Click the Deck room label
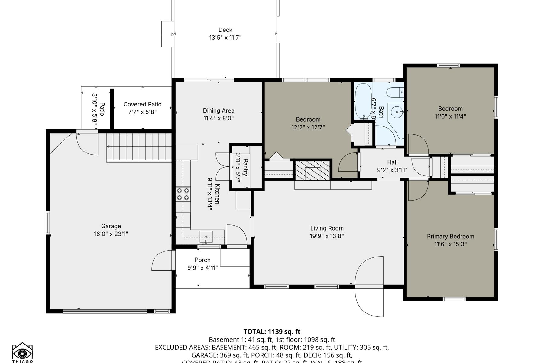pos(225,30)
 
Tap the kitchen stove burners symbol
pos(183,194)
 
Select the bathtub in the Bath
pos(363,101)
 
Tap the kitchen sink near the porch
pos(206,237)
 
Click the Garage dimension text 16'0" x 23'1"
pos(111,234)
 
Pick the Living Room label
pos(327,228)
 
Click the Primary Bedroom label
pos(450,236)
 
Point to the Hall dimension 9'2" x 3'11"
pos(392,170)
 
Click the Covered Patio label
pos(142,104)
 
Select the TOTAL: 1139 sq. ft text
pos(272,332)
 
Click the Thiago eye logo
pos(22,352)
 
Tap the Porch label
pos(202,260)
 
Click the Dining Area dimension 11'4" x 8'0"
pos(218,118)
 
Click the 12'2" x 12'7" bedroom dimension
pos(308,127)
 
